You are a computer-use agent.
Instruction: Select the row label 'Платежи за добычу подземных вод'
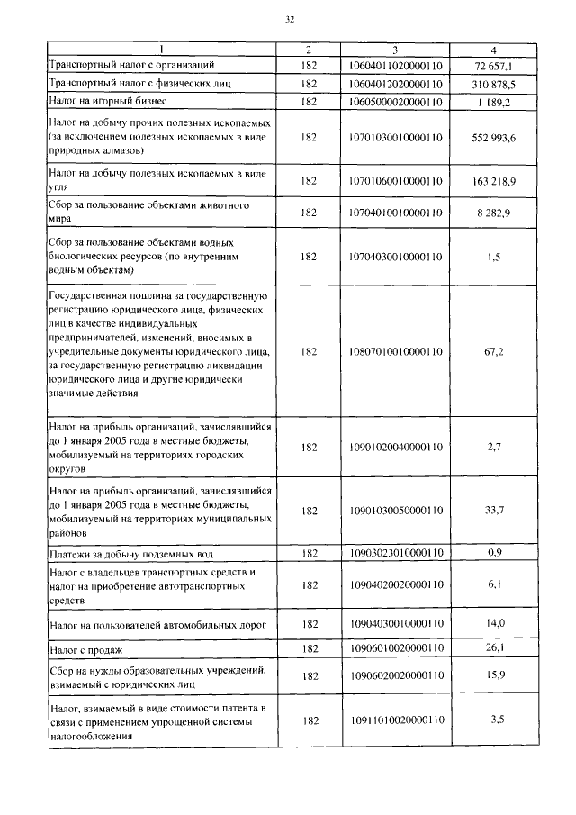[x=131, y=552]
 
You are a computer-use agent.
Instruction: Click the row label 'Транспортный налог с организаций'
[x=131, y=66]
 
